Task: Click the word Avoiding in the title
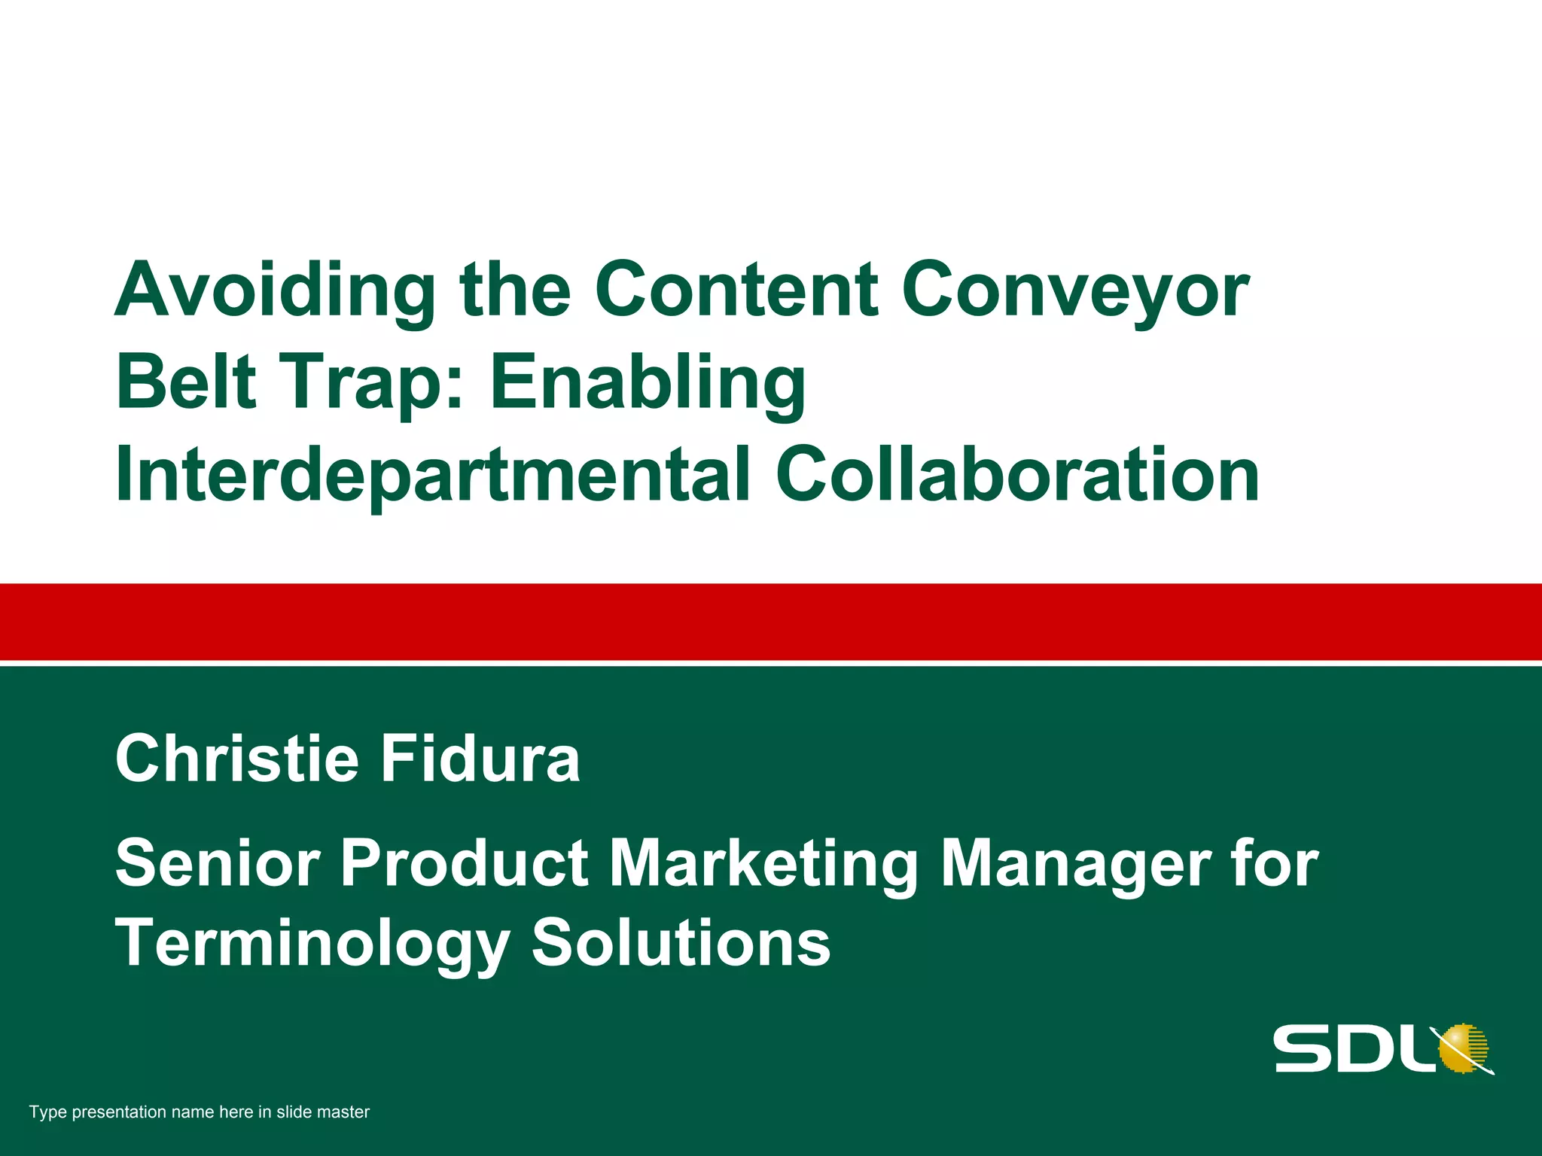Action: [275, 291]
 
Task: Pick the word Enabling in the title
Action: [648, 383]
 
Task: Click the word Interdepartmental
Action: [433, 475]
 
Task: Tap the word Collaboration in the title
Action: [1017, 475]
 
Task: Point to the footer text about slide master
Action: [200, 1112]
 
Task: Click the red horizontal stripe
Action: [771, 622]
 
